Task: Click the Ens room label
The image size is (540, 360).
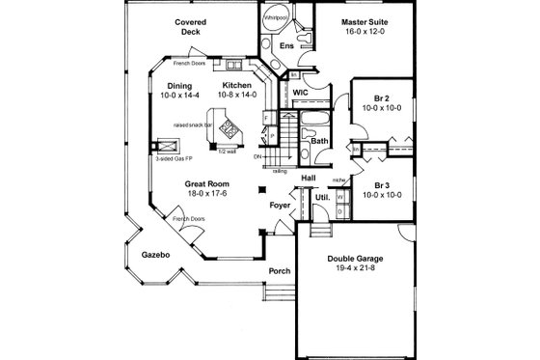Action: pos(287,46)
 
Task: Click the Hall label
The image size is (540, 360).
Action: pos(309,179)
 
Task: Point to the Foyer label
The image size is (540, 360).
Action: pos(280,204)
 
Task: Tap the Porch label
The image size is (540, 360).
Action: pos(280,270)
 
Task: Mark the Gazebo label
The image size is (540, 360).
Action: pos(154,255)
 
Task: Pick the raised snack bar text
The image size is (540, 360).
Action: pos(192,125)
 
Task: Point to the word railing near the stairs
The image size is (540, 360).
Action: pos(280,170)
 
